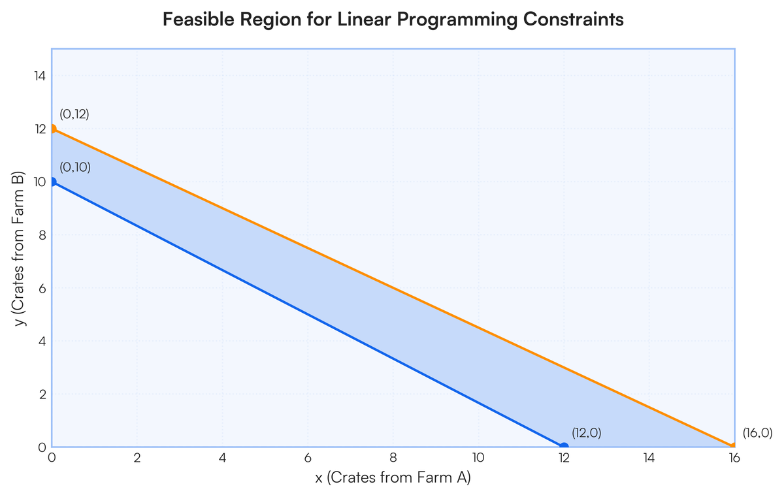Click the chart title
tap(393, 20)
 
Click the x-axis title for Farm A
tap(393, 477)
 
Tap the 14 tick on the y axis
tap(41, 76)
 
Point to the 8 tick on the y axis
tap(42, 235)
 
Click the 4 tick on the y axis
tap(42, 341)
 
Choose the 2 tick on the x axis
tap(137, 458)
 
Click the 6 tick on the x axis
tap(308, 458)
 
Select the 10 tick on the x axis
tap(478, 458)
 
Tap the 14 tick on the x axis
tap(649, 458)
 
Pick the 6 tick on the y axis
tap(42, 288)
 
